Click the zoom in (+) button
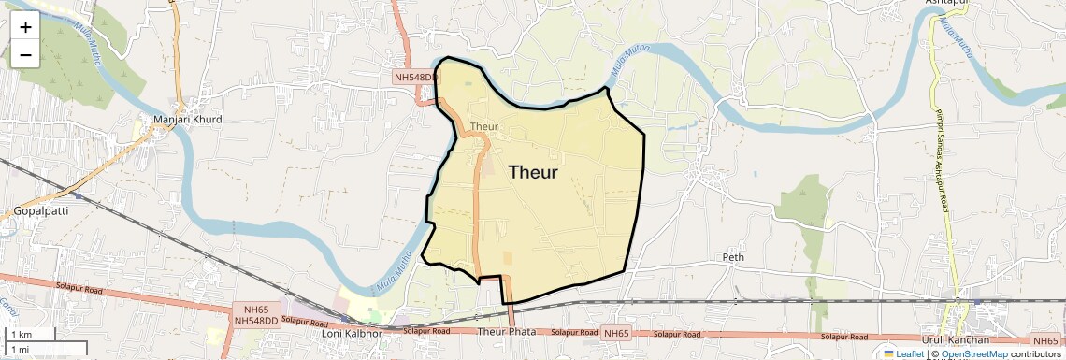click(25, 27)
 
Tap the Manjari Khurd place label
click(188, 120)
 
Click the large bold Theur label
click(533, 172)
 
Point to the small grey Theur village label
click(484, 126)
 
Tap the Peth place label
click(732, 256)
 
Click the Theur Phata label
click(506, 332)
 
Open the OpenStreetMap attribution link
click(973, 353)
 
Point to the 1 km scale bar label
click(21, 334)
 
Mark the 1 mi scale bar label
click(20, 349)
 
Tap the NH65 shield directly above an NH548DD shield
click(255, 308)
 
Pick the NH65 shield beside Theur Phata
click(616, 332)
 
